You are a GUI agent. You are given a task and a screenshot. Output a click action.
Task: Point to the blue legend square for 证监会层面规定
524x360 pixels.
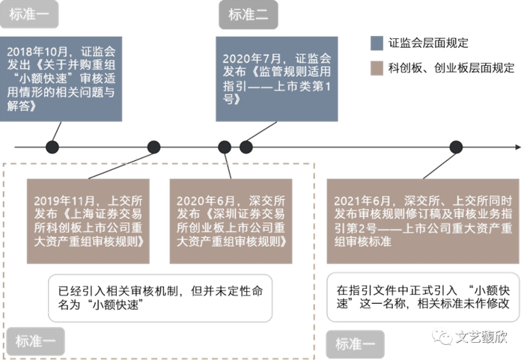pyautogui.click(x=377, y=43)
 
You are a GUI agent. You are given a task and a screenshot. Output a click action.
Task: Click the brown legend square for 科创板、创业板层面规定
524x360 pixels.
pyautogui.click(x=377, y=68)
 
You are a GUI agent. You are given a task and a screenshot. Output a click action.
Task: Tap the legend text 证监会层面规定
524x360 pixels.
pyautogui.click(x=428, y=43)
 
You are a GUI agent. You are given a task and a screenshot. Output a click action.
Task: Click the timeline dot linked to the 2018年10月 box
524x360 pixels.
pyautogui.click(x=52, y=147)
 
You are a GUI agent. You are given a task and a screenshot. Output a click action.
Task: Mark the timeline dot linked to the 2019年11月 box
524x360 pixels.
pyautogui.click(x=153, y=147)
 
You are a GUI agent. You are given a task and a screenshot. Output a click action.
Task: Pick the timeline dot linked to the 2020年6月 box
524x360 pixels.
pyautogui.click(x=224, y=147)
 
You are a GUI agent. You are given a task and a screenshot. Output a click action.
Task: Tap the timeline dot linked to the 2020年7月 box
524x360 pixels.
pyautogui.click(x=246, y=147)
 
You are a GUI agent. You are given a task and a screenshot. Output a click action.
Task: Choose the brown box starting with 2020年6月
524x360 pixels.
pyautogui.click(x=231, y=221)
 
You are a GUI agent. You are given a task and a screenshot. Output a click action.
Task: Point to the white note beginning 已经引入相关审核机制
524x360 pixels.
pyautogui.click(x=153, y=296)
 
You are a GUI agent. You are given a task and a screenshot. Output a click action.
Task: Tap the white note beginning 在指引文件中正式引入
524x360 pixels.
pyautogui.click(x=423, y=296)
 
